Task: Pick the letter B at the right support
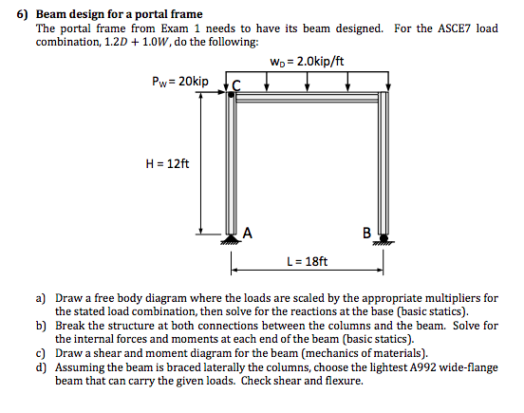[x=366, y=232]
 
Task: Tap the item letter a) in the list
[x=41, y=297]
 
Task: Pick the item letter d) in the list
[x=41, y=366]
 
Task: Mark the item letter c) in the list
[x=41, y=352]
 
